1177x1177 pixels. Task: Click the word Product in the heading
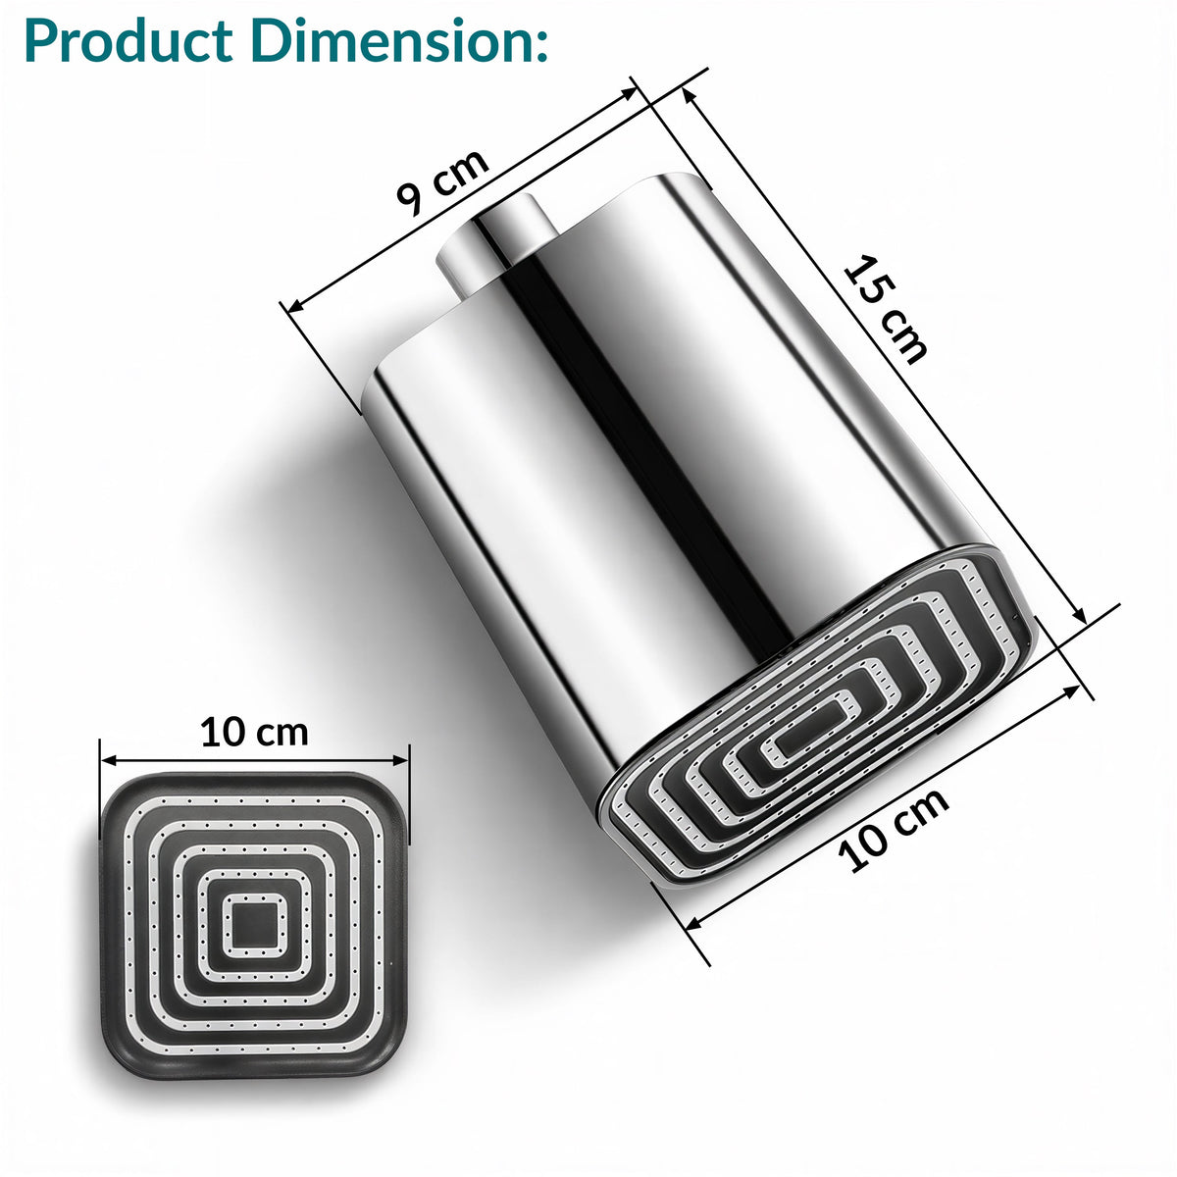[x=128, y=40]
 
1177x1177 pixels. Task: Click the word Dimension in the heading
[x=384, y=40]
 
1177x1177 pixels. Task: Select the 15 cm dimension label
[x=886, y=309]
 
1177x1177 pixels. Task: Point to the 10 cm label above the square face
[x=255, y=732]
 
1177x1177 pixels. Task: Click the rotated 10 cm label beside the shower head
[x=893, y=831]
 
